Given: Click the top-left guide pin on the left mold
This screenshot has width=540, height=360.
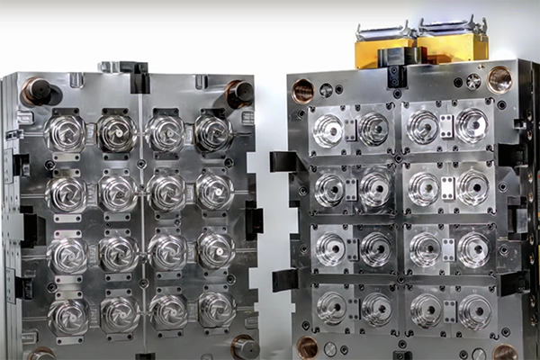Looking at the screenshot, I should coord(37,92).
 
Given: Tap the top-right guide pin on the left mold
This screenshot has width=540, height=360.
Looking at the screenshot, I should coord(239,92).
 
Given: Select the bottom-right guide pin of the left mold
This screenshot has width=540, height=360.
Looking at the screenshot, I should coord(244,346).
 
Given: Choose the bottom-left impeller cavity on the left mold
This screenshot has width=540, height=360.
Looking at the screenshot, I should coord(68,316).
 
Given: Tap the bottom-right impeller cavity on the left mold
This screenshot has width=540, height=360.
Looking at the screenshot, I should coord(216,309).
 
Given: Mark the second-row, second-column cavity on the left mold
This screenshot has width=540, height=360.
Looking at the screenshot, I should coord(118,192).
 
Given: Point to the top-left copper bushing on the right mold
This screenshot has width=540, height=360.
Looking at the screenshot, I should coord(304,90).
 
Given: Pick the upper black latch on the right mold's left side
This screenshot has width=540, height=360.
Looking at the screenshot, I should coord(284,162).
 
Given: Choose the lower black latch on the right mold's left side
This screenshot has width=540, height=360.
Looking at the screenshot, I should coord(285,279).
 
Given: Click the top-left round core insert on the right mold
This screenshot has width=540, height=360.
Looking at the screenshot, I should coord(328,130).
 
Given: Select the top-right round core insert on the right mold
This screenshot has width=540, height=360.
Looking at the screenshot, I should coord(471,126).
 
